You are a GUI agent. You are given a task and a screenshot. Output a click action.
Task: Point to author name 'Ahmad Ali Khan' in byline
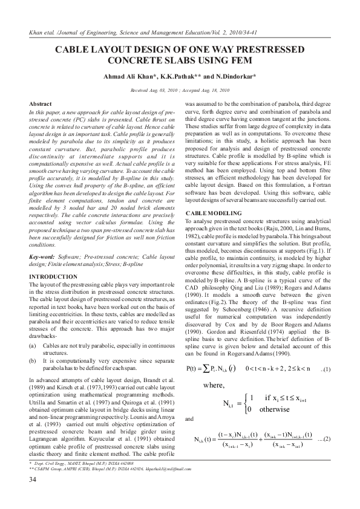[131, 77]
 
